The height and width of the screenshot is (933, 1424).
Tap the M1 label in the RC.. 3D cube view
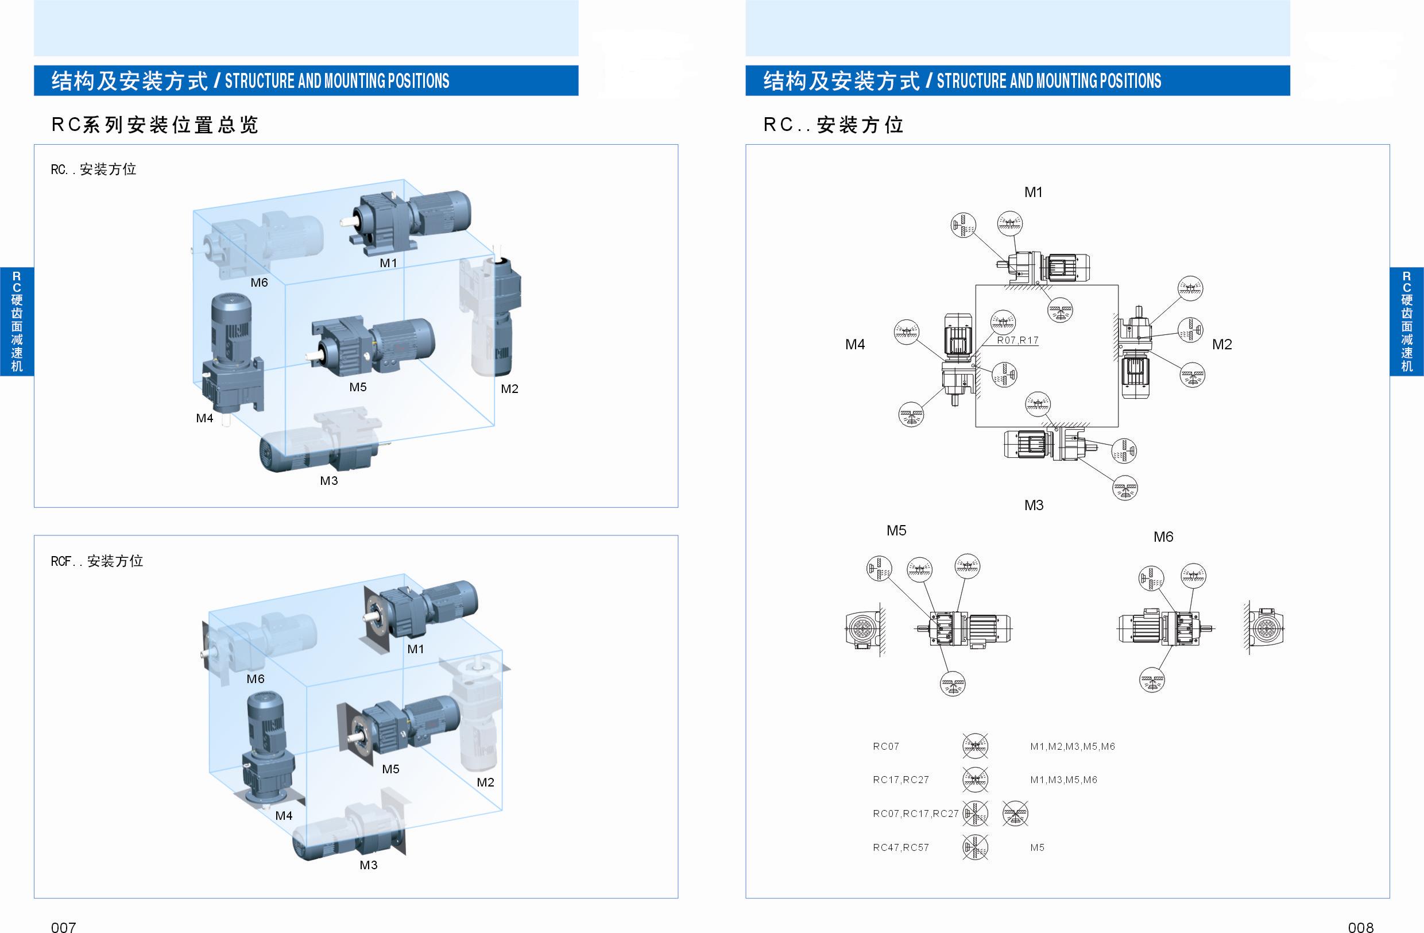pyautogui.click(x=388, y=263)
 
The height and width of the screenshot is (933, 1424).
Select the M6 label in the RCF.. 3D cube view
pyautogui.click(x=256, y=678)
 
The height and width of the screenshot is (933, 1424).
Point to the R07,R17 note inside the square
pyautogui.click(x=1017, y=340)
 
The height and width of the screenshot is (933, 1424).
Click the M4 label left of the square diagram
pyautogui.click(x=855, y=344)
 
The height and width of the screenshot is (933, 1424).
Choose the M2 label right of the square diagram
pyautogui.click(x=1222, y=344)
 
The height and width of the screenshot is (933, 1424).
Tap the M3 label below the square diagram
pyautogui.click(x=1034, y=505)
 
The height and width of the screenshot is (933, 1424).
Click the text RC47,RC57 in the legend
pyautogui.click(x=900, y=847)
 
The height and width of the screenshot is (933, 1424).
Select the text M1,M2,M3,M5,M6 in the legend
pyautogui.click(x=1072, y=746)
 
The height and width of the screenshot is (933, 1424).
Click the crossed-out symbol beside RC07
pyautogui.click(x=975, y=746)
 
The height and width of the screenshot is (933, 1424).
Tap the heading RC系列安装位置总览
pyautogui.click(x=154, y=125)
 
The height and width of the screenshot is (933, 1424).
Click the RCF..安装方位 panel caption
pyautogui.click(x=97, y=561)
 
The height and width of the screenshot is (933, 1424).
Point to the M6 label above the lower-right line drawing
pyautogui.click(x=1163, y=537)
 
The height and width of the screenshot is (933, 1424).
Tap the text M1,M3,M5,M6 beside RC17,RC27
pyautogui.click(x=1063, y=780)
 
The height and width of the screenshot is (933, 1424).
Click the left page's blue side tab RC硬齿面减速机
pyautogui.click(x=17, y=321)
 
